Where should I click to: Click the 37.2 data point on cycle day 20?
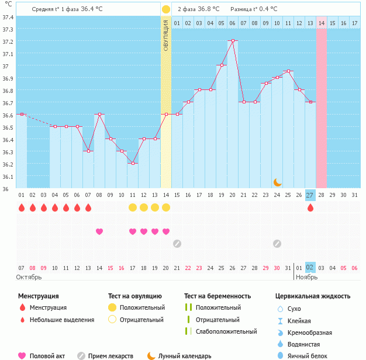(233, 41)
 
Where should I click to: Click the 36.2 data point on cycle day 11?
(133, 163)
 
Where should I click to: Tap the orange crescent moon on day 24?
(277, 182)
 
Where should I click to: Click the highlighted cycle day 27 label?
(310, 195)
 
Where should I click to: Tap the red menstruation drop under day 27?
(310, 207)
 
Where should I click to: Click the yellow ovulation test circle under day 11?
(133, 207)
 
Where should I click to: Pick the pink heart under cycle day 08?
(99, 231)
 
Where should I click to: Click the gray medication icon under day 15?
(177, 243)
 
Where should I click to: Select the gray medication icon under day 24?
(277, 243)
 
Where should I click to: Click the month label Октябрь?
(29, 277)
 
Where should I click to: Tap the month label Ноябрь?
(307, 277)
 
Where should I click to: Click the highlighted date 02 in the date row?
(310, 267)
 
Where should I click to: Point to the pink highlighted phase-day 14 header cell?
(322, 23)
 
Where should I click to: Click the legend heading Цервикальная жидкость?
(313, 296)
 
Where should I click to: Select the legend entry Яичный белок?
(310, 355)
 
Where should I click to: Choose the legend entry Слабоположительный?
(226, 331)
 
